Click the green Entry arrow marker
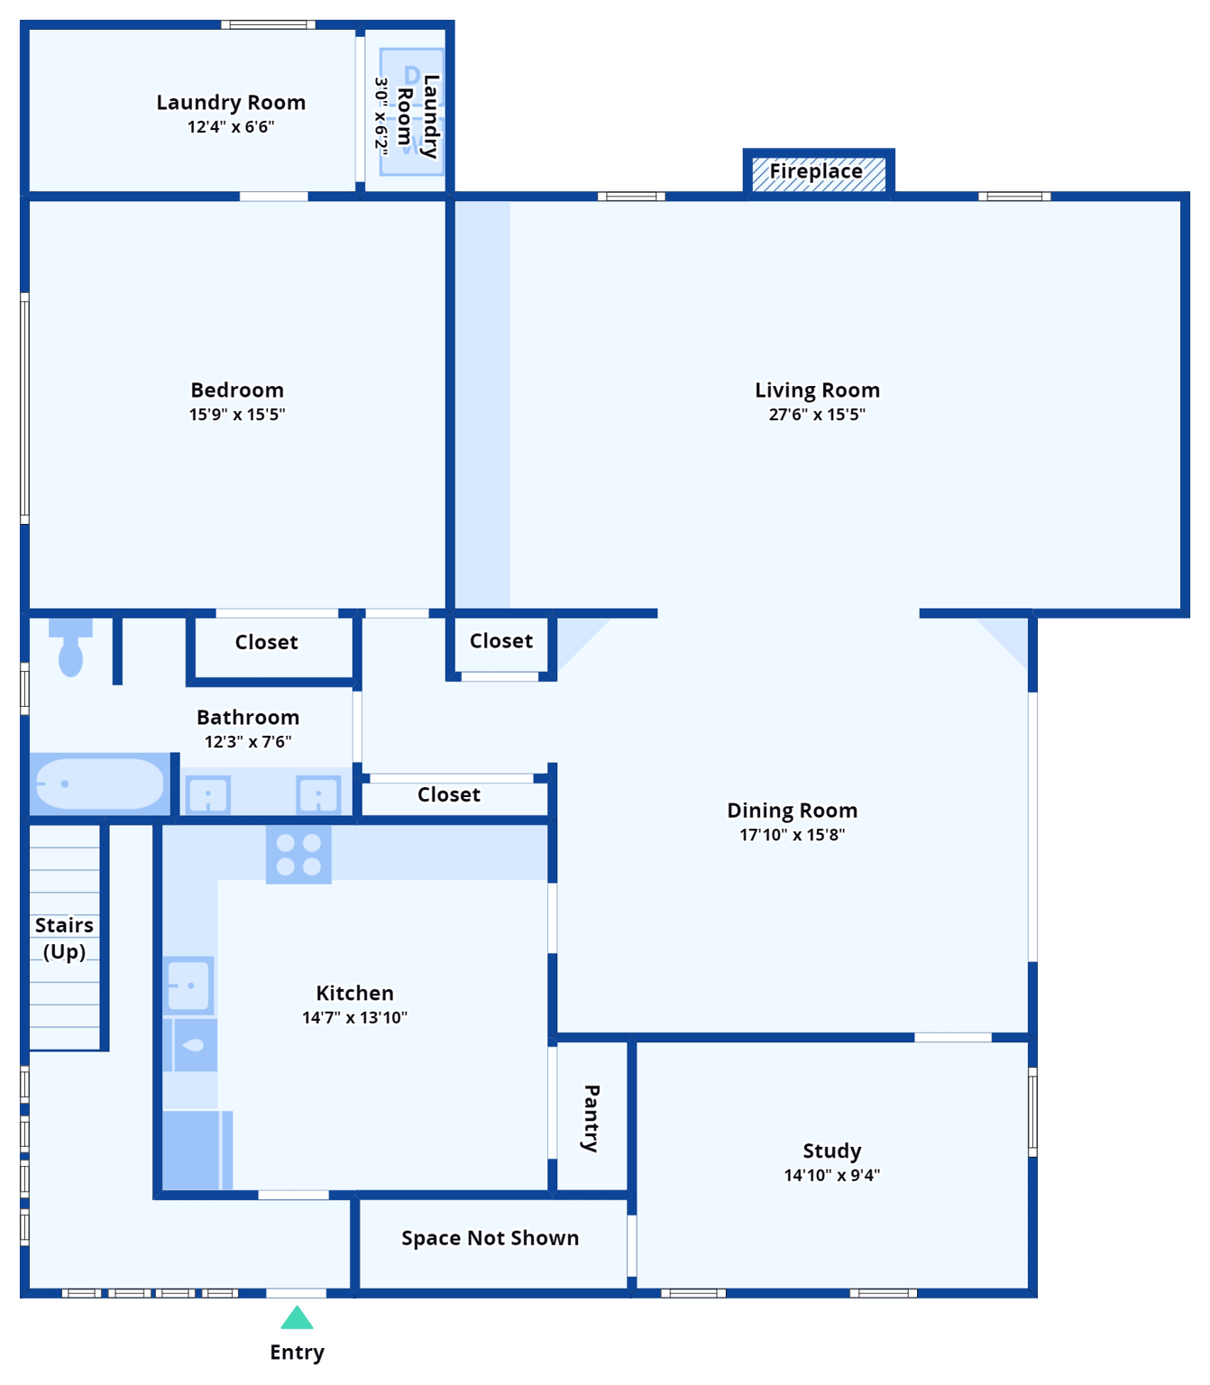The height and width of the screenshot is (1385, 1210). tap(297, 1319)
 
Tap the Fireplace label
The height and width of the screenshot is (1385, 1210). tap(816, 171)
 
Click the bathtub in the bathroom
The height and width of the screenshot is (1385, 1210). tap(98, 784)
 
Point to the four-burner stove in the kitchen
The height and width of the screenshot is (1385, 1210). tap(298, 855)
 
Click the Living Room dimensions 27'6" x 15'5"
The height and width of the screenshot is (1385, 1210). tap(817, 415)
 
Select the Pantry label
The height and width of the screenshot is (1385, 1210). tap(591, 1118)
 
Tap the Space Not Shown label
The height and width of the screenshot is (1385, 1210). tap(490, 1238)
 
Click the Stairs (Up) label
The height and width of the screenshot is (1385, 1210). tap(64, 938)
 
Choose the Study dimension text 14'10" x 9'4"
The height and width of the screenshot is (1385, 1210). tap(831, 1175)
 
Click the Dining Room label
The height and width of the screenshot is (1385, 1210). tap(792, 811)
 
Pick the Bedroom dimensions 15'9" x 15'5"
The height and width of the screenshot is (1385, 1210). tap(237, 415)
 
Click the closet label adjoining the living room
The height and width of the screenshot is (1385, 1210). tap(501, 641)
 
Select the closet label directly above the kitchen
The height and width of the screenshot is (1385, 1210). tap(448, 794)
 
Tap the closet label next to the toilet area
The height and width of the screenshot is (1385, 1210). tap(266, 642)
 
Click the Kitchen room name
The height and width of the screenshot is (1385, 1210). tap(354, 993)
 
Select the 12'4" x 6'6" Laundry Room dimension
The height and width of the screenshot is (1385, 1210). tap(231, 127)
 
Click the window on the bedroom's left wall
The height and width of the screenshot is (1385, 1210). tap(24, 408)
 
